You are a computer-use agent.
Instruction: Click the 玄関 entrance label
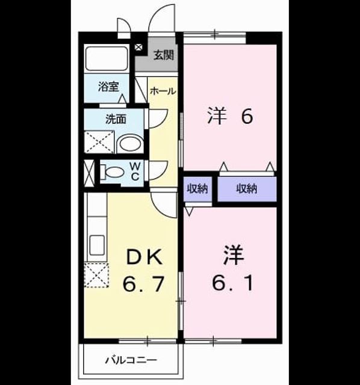coord(164,55)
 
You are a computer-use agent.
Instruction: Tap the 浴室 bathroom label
coord(108,87)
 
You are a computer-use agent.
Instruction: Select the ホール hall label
coord(163,91)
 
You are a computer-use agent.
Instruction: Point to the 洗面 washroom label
coord(116,119)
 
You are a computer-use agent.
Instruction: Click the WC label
coord(135,171)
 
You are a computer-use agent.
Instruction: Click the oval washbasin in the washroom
coord(130,144)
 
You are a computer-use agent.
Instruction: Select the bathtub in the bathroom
coord(107,58)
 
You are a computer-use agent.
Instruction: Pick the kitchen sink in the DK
coord(97,245)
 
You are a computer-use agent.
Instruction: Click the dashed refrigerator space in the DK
coord(96,275)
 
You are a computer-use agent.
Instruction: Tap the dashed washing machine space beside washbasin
coord(99,142)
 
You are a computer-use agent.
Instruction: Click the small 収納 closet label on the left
coord(197,189)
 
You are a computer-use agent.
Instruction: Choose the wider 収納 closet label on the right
coord(247,189)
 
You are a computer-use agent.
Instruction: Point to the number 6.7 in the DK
coord(143,284)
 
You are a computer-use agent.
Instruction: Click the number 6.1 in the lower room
coord(232,283)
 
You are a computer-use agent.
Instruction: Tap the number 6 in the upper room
coord(247,116)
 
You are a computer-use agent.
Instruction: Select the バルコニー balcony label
coord(131,360)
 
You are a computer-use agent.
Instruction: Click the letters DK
coord(144,257)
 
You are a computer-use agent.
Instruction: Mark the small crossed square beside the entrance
coord(138,47)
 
